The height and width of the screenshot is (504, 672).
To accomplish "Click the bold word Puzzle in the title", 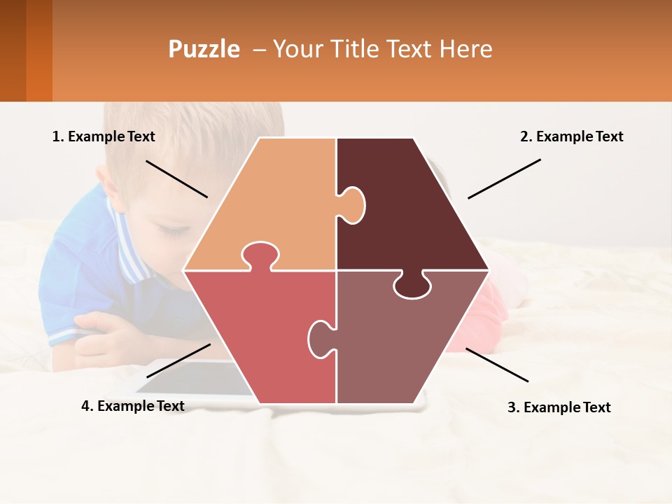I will pos(204,49).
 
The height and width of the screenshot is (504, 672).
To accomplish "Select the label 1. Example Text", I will pos(104,136).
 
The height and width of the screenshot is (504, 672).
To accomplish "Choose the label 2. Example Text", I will pos(571,136).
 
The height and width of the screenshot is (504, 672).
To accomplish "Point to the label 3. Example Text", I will pos(559,407).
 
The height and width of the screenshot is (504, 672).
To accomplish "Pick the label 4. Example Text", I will pos(133,406).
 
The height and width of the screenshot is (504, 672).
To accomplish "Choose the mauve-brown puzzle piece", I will pos(399,343).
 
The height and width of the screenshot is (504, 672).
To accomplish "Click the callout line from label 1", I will pos(176,179).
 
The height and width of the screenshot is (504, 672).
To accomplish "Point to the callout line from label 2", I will pos(504,178).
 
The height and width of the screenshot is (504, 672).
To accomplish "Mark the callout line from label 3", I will pos(497,365).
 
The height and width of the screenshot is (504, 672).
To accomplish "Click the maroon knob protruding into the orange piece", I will pos(353,204).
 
